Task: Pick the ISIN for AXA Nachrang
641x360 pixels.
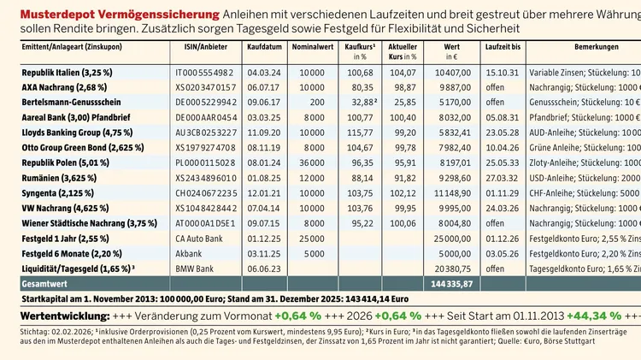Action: (206, 88)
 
